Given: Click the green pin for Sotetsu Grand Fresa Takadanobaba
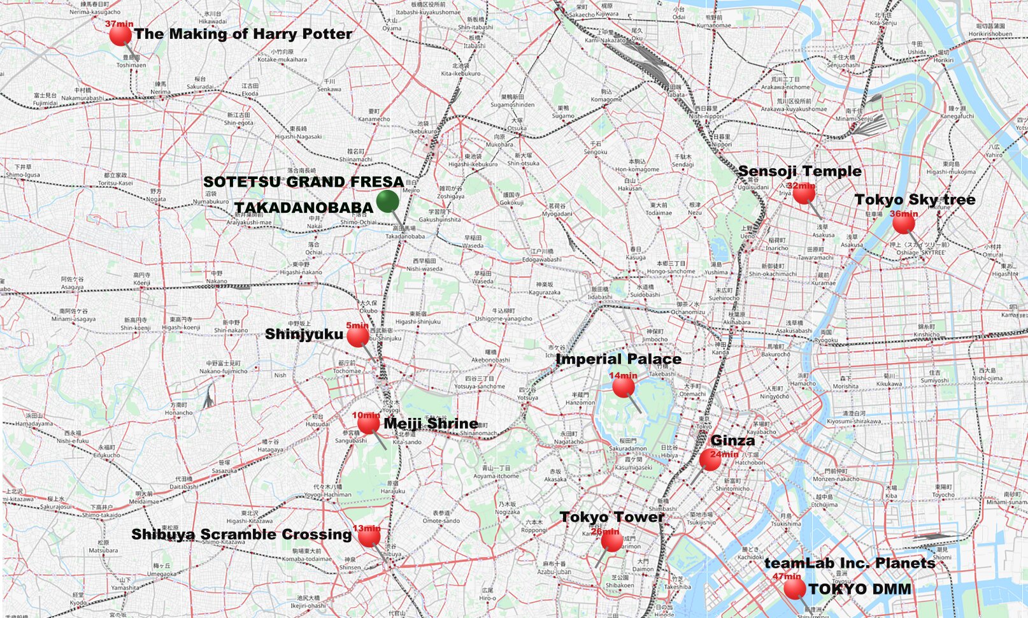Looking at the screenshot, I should click(387, 201).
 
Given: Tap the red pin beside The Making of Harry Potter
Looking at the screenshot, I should click(120, 35).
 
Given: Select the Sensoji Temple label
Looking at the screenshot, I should click(799, 171).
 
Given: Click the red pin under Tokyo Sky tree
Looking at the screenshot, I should click(903, 223).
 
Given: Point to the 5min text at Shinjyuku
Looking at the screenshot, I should click(357, 326).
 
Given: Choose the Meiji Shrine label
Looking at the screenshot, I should click(431, 424).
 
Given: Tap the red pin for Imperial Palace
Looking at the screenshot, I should click(623, 386).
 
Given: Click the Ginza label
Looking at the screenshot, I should click(732, 440).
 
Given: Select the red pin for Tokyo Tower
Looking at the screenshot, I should click(612, 541).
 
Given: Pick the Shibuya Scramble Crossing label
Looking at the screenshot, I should click(241, 535).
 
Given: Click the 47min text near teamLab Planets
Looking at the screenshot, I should click(787, 577).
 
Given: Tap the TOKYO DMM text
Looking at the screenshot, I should click(860, 589).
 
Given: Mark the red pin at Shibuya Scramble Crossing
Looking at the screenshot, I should click(369, 537).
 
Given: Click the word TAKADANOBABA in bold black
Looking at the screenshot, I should click(304, 208).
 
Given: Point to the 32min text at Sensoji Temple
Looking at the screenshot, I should click(801, 186).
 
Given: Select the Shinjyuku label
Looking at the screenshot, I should click(304, 334).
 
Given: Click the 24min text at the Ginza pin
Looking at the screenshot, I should click(724, 454).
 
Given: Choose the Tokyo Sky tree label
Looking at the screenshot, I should click(915, 200).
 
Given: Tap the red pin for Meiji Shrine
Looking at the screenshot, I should click(368, 423).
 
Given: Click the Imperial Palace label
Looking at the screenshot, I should click(618, 359).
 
